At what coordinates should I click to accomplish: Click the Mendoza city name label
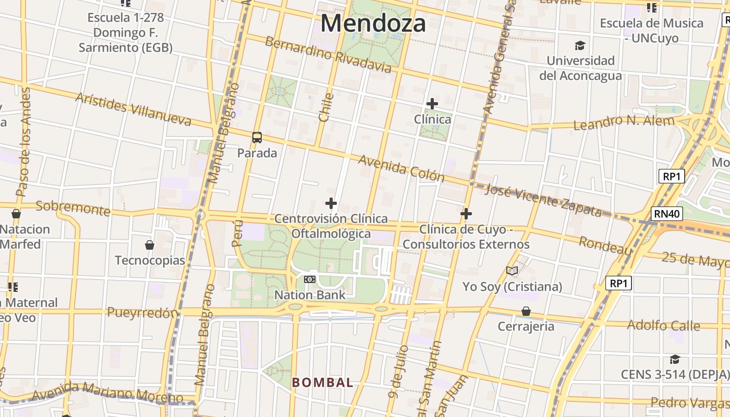tap(373, 23)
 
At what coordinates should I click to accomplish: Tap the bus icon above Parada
tap(257, 138)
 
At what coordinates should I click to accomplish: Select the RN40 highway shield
tap(666, 214)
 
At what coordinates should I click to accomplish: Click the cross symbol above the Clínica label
tap(432, 104)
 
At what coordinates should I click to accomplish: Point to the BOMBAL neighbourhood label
tap(322, 382)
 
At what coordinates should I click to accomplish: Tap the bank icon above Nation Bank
tap(310, 279)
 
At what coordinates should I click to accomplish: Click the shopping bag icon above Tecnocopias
tap(150, 244)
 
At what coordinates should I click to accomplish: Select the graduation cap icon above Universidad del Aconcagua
tap(580, 45)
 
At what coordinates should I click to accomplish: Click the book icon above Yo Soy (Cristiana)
tap(512, 271)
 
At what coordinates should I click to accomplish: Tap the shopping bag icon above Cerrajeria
tap(526, 311)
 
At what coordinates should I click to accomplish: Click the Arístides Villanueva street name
tap(133, 109)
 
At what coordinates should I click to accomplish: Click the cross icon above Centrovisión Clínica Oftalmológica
tap(331, 203)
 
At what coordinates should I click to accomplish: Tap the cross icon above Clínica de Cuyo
tap(466, 214)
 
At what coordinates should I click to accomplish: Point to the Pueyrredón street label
tap(142, 313)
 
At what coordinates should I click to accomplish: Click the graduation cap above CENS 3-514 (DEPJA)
tap(675, 359)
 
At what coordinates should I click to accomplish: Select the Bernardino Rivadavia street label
tap(328, 54)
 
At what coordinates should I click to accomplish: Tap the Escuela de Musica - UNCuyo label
tap(651, 30)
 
